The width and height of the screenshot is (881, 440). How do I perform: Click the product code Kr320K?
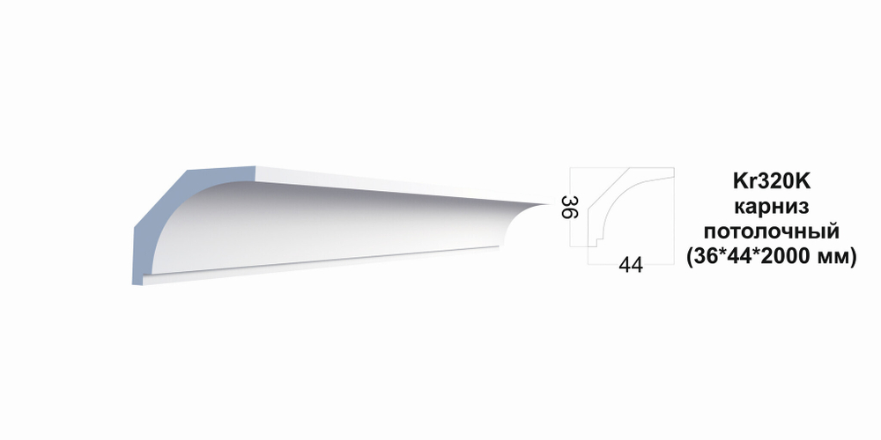click(772, 182)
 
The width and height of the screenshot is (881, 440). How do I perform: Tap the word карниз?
click(772, 207)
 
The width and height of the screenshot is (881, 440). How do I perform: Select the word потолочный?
click(772, 231)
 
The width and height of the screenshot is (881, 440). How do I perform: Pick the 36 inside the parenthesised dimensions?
click(707, 256)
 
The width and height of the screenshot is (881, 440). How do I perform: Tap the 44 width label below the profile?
click(631, 265)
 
